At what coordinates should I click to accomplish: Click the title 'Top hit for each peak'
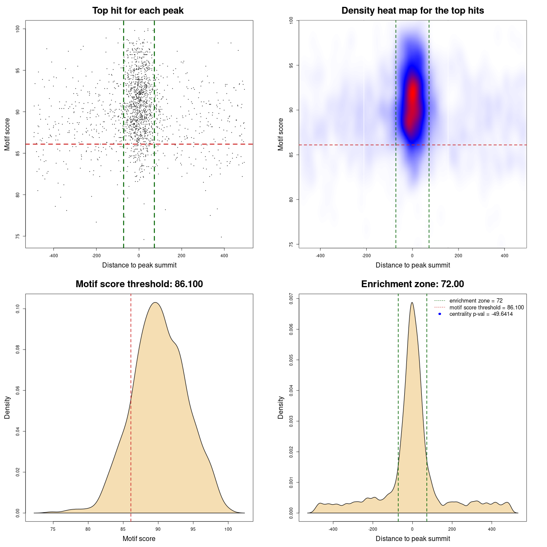pyautogui.click(x=138, y=11)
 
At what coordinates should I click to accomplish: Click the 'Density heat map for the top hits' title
pyautogui.click(x=412, y=11)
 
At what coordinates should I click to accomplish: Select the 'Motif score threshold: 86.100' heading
pyautogui.click(x=139, y=284)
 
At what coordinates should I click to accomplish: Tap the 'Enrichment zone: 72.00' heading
pyautogui.click(x=412, y=284)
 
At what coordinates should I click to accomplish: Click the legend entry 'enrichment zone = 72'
pyautogui.click(x=476, y=301)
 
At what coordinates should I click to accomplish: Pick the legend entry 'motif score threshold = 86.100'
pyautogui.click(x=486, y=307)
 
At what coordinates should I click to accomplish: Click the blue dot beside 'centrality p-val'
pyautogui.click(x=440, y=314)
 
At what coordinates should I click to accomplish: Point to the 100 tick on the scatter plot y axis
pyautogui.click(x=18, y=29)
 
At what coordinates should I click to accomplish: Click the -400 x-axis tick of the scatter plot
pyautogui.click(x=53, y=256)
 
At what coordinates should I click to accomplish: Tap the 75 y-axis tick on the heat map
pyautogui.click(x=291, y=244)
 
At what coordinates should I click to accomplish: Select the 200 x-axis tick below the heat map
pyautogui.click(x=458, y=256)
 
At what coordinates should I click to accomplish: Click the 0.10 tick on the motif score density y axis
pyautogui.click(x=18, y=309)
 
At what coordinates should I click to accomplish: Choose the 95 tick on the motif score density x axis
pyautogui.click(x=193, y=529)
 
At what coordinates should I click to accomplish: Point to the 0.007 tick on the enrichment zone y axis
pyautogui.click(x=291, y=298)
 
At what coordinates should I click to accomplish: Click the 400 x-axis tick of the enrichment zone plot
pyautogui.click(x=491, y=529)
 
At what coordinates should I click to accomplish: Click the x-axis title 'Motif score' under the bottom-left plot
pyautogui.click(x=139, y=538)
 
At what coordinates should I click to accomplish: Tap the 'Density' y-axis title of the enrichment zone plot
pyautogui.click(x=281, y=407)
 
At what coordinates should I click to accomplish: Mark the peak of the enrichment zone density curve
pyautogui.click(x=412, y=303)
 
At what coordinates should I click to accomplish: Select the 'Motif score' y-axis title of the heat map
pyautogui.click(x=281, y=134)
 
